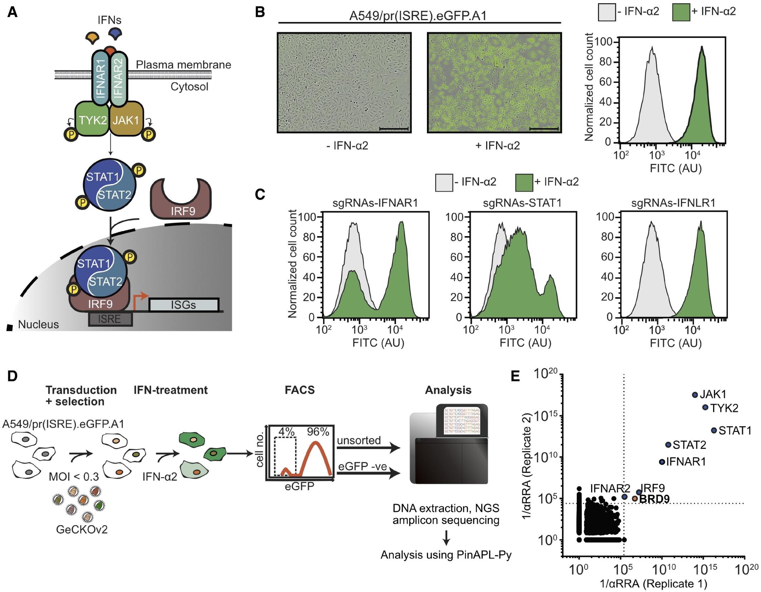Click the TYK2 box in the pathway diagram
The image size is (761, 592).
(92, 120)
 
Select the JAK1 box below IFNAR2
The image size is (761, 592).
(126, 120)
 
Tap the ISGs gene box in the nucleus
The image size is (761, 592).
(183, 305)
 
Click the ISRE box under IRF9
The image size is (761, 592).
(110, 319)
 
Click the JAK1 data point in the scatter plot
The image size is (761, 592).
(695, 395)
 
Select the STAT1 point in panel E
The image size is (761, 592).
(714, 430)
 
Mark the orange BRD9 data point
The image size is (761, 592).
(635, 499)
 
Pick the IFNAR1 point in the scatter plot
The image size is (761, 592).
(662, 462)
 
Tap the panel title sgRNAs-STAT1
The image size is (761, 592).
(522, 203)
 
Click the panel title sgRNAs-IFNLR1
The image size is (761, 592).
(673, 203)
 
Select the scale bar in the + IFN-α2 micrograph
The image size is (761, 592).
(544, 128)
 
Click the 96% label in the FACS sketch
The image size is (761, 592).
(318, 432)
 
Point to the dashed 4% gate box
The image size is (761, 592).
(285, 456)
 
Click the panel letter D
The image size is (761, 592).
(12, 376)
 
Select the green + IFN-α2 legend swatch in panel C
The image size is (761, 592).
(524, 182)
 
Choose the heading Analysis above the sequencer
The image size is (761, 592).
(448, 390)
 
